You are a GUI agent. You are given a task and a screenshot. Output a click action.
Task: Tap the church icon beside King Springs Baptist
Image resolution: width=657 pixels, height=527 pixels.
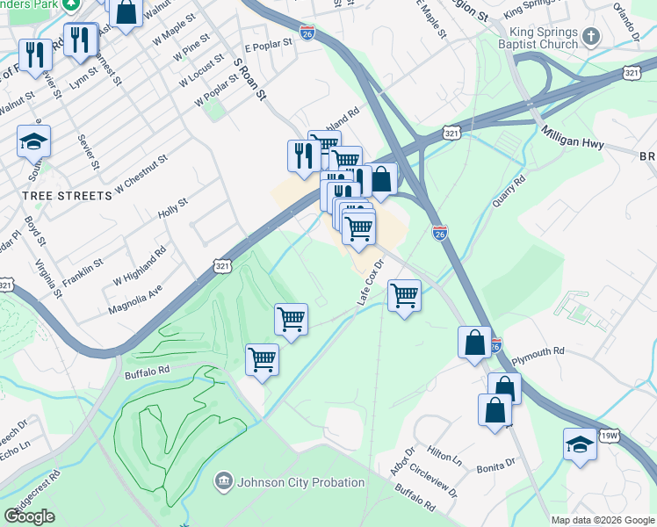590,37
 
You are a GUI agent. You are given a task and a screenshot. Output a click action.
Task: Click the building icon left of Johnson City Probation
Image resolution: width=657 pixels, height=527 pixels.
223,481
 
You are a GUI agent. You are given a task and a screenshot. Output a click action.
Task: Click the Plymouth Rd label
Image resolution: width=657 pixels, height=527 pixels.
538,351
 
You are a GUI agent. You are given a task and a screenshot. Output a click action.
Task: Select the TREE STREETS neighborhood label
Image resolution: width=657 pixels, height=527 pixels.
68,196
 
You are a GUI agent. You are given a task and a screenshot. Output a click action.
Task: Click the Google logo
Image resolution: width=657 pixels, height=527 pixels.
30,516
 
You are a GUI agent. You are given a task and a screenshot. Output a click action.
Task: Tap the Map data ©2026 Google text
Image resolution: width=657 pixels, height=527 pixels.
603,520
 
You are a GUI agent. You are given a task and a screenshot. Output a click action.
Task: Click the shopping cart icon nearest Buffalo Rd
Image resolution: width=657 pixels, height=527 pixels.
262,358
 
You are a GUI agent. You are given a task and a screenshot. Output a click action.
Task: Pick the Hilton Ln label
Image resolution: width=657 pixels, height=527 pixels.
445,458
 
